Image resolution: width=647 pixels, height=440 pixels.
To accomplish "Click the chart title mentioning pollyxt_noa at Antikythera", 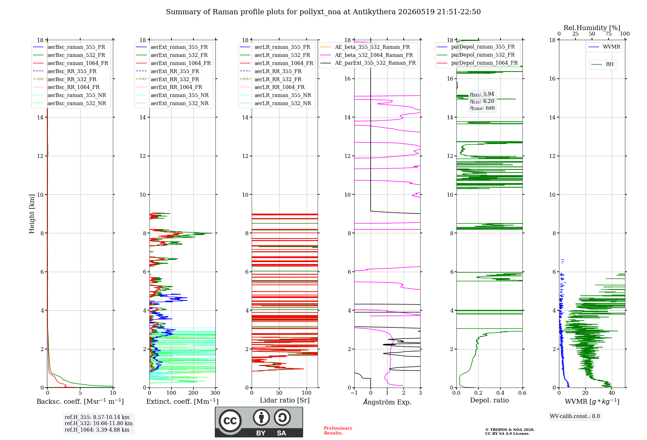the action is point(323,12).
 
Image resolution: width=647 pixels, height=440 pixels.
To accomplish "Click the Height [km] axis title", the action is point(32,214).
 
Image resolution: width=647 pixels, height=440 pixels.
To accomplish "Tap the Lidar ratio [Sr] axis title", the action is point(285,400).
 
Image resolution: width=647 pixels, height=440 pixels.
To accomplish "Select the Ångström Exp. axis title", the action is point(387,402).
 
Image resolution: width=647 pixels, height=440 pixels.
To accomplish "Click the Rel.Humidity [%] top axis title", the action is point(592,28).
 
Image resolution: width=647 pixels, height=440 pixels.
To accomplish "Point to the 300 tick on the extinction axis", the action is point(215,393).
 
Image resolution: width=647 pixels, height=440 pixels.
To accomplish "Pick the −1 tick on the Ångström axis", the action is point(354,393).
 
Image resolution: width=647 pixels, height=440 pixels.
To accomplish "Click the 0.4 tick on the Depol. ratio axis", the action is point(500,393).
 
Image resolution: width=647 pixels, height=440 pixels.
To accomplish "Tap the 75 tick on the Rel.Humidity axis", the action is point(608,34).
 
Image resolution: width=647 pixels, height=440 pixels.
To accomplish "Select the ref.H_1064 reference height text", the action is point(97,430).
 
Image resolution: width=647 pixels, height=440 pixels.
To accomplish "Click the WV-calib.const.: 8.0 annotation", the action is point(575,416).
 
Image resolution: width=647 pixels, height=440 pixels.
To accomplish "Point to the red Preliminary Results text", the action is point(338,431).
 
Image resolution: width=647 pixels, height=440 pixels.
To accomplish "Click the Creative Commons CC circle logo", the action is point(230,421).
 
